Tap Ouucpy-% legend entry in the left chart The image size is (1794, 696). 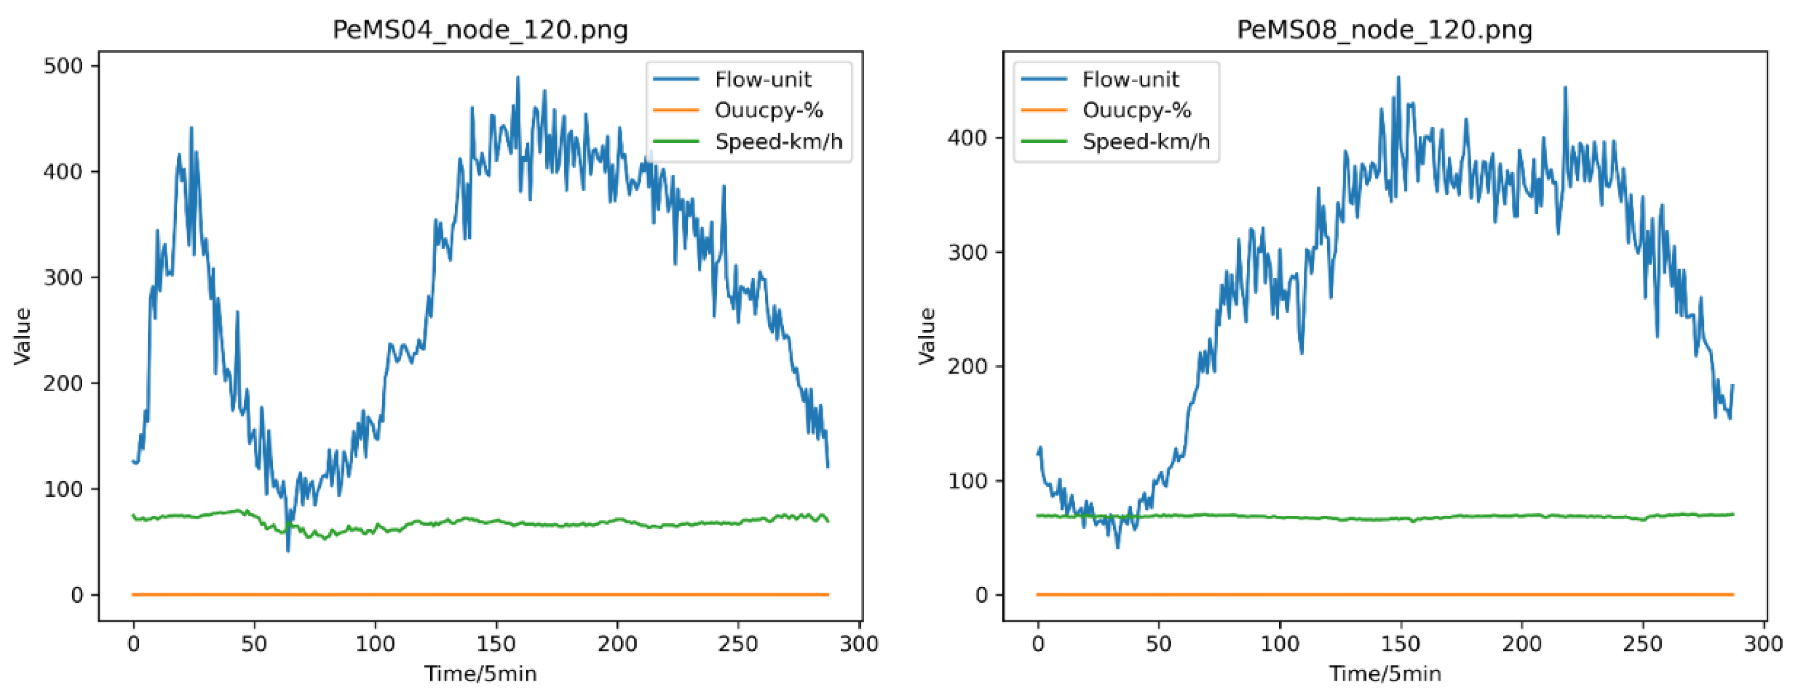click(x=768, y=110)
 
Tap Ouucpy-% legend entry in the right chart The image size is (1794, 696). click(x=1136, y=110)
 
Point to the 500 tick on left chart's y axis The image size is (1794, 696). click(x=63, y=66)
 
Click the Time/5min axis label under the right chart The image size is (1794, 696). click(x=1385, y=674)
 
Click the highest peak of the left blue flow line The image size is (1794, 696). click(x=518, y=77)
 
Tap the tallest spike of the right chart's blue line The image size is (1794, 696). click(x=1398, y=77)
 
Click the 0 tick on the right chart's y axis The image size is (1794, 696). click(x=981, y=595)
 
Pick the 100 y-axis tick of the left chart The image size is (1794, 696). click(x=63, y=489)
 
